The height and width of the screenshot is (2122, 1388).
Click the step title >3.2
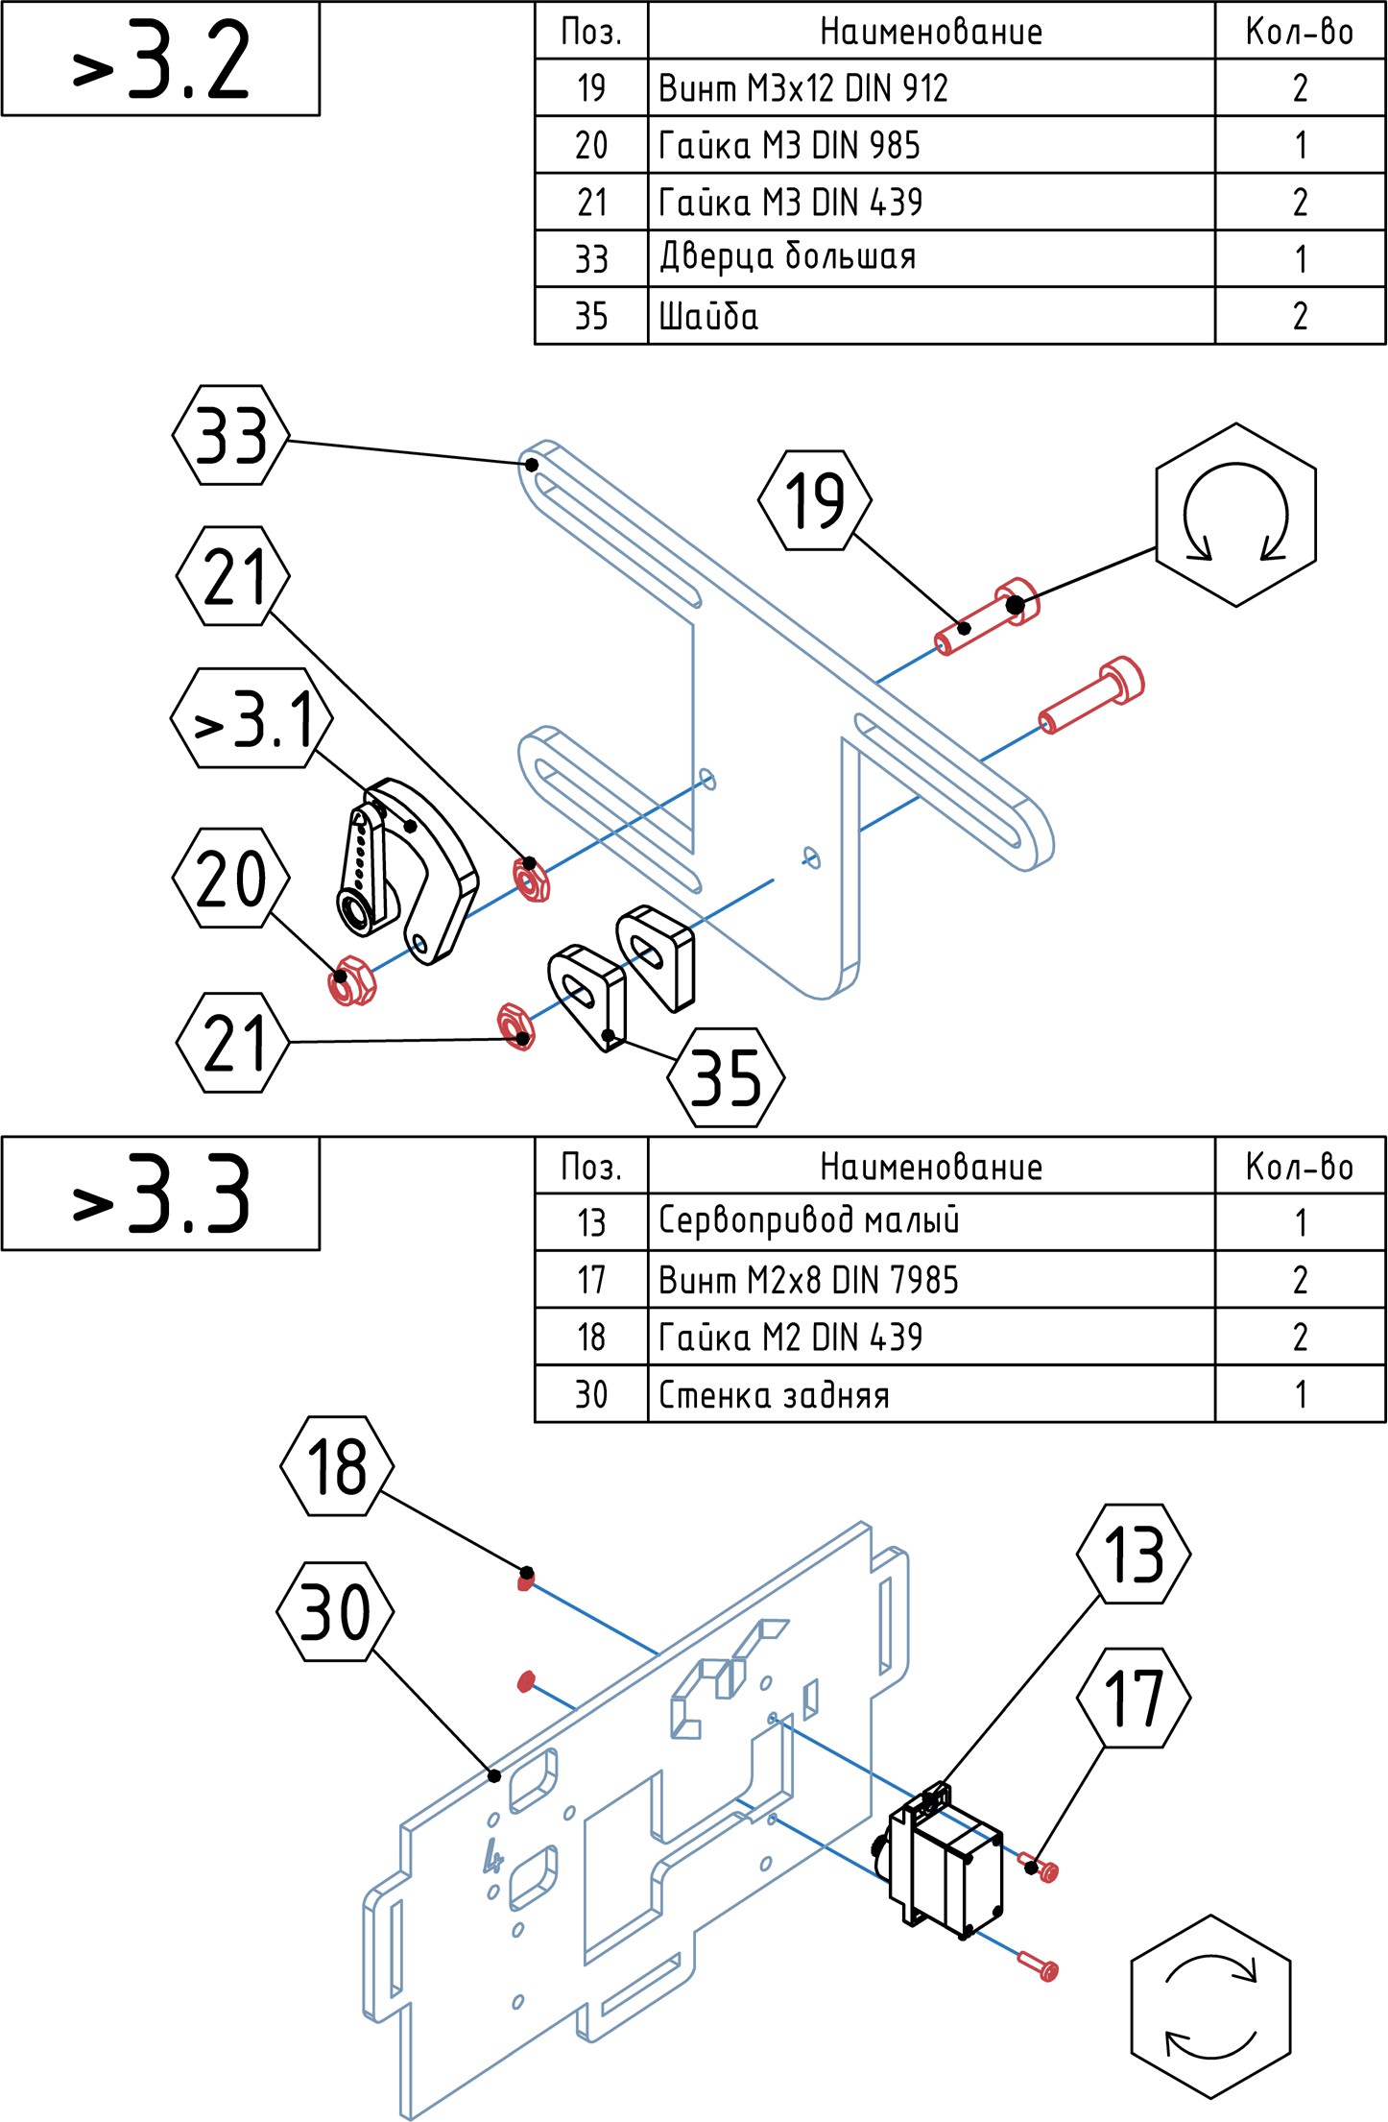point(160,60)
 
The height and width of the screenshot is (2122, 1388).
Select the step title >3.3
point(160,1194)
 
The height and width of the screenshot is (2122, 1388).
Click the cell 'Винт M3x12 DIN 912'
point(930,88)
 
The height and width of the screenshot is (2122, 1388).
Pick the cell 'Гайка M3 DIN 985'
point(930,145)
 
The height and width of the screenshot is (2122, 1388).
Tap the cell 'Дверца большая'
point(930,258)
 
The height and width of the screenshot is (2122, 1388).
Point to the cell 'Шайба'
point(930,316)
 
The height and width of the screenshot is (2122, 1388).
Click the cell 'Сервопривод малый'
point(930,1222)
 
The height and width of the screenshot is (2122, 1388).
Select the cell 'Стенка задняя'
point(930,1394)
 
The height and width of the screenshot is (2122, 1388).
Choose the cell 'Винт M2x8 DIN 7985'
point(930,1280)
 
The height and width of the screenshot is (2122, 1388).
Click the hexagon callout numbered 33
point(230,435)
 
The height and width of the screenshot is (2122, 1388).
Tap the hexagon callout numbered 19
point(815,500)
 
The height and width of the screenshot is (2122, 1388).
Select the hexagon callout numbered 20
point(230,878)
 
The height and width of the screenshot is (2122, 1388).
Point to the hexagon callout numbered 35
point(726,1077)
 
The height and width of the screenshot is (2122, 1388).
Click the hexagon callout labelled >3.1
point(252,718)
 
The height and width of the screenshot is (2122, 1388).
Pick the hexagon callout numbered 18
point(337,1466)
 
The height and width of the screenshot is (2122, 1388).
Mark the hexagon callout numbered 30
point(335,1612)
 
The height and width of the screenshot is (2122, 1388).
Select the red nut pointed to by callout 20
point(351,981)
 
